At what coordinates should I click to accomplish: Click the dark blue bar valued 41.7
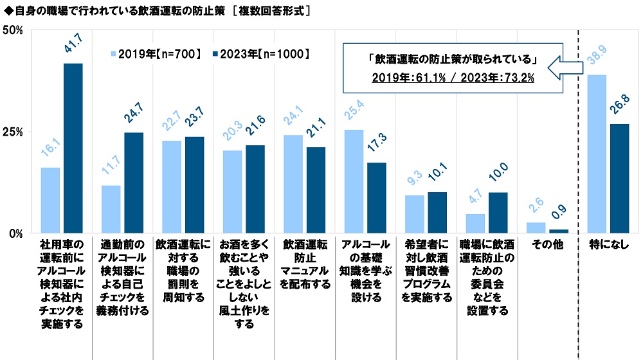pyautogui.click(x=73, y=148)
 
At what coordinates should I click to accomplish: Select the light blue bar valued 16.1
pyautogui.click(x=50, y=201)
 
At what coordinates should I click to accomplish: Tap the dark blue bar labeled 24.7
pyautogui.click(x=134, y=183)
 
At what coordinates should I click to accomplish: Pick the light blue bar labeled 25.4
pyautogui.click(x=354, y=182)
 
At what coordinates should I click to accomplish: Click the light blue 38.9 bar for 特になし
pyautogui.click(x=597, y=154)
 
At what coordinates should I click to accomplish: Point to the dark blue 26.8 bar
pyautogui.click(x=619, y=179)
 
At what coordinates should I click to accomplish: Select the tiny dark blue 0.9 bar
pyautogui.click(x=559, y=231)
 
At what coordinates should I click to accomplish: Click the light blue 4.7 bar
pyautogui.click(x=475, y=224)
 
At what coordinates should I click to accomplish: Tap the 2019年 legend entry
pyautogui.click(x=156, y=54)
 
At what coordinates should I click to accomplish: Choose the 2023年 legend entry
pyautogui.click(x=261, y=54)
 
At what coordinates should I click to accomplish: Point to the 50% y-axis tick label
pyautogui.click(x=13, y=30)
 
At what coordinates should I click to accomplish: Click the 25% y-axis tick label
pyautogui.click(x=13, y=132)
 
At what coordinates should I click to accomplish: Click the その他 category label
pyautogui.click(x=547, y=244)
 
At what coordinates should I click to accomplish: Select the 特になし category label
pyautogui.click(x=608, y=244)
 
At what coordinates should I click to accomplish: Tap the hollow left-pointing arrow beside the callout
pyautogui.click(x=565, y=67)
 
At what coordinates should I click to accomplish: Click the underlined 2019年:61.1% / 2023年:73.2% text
pyautogui.click(x=453, y=78)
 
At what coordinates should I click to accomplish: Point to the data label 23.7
pyautogui.click(x=194, y=117)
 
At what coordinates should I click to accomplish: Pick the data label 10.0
pyautogui.click(x=498, y=172)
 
